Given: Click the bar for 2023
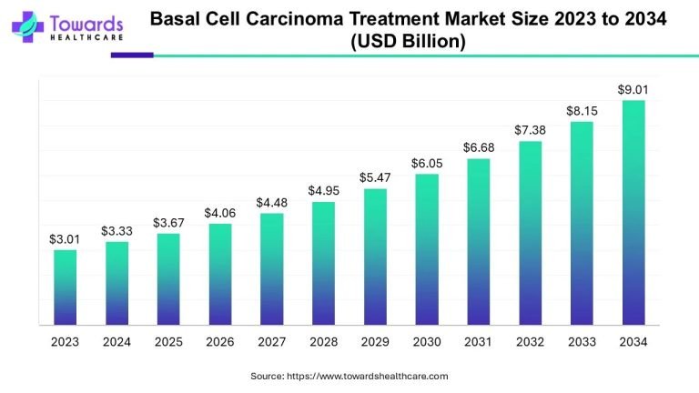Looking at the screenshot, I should pyautogui.click(x=65, y=287).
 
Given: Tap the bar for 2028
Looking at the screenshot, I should pyautogui.click(x=323, y=263).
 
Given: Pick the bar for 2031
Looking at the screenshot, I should pyautogui.click(x=478, y=241).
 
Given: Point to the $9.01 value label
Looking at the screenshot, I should pyautogui.click(x=633, y=89).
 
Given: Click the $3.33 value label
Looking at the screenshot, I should pyautogui.click(x=116, y=231).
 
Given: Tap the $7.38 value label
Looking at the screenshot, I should pyautogui.click(x=530, y=130).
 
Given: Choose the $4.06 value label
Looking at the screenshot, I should pyautogui.click(x=219, y=213).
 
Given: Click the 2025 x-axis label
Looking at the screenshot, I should pyautogui.click(x=167, y=342).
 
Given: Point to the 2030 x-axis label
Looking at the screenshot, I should pyautogui.click(x=426, y=342).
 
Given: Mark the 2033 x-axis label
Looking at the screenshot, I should pyautogui.click(x=582, y=342).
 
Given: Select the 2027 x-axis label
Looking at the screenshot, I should pyautogui.click(x=271, y=342).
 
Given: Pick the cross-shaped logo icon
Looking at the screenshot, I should pyautogui.click(x=27, y=26).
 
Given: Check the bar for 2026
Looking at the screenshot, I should pyautogui.click(x=219, y=274).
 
